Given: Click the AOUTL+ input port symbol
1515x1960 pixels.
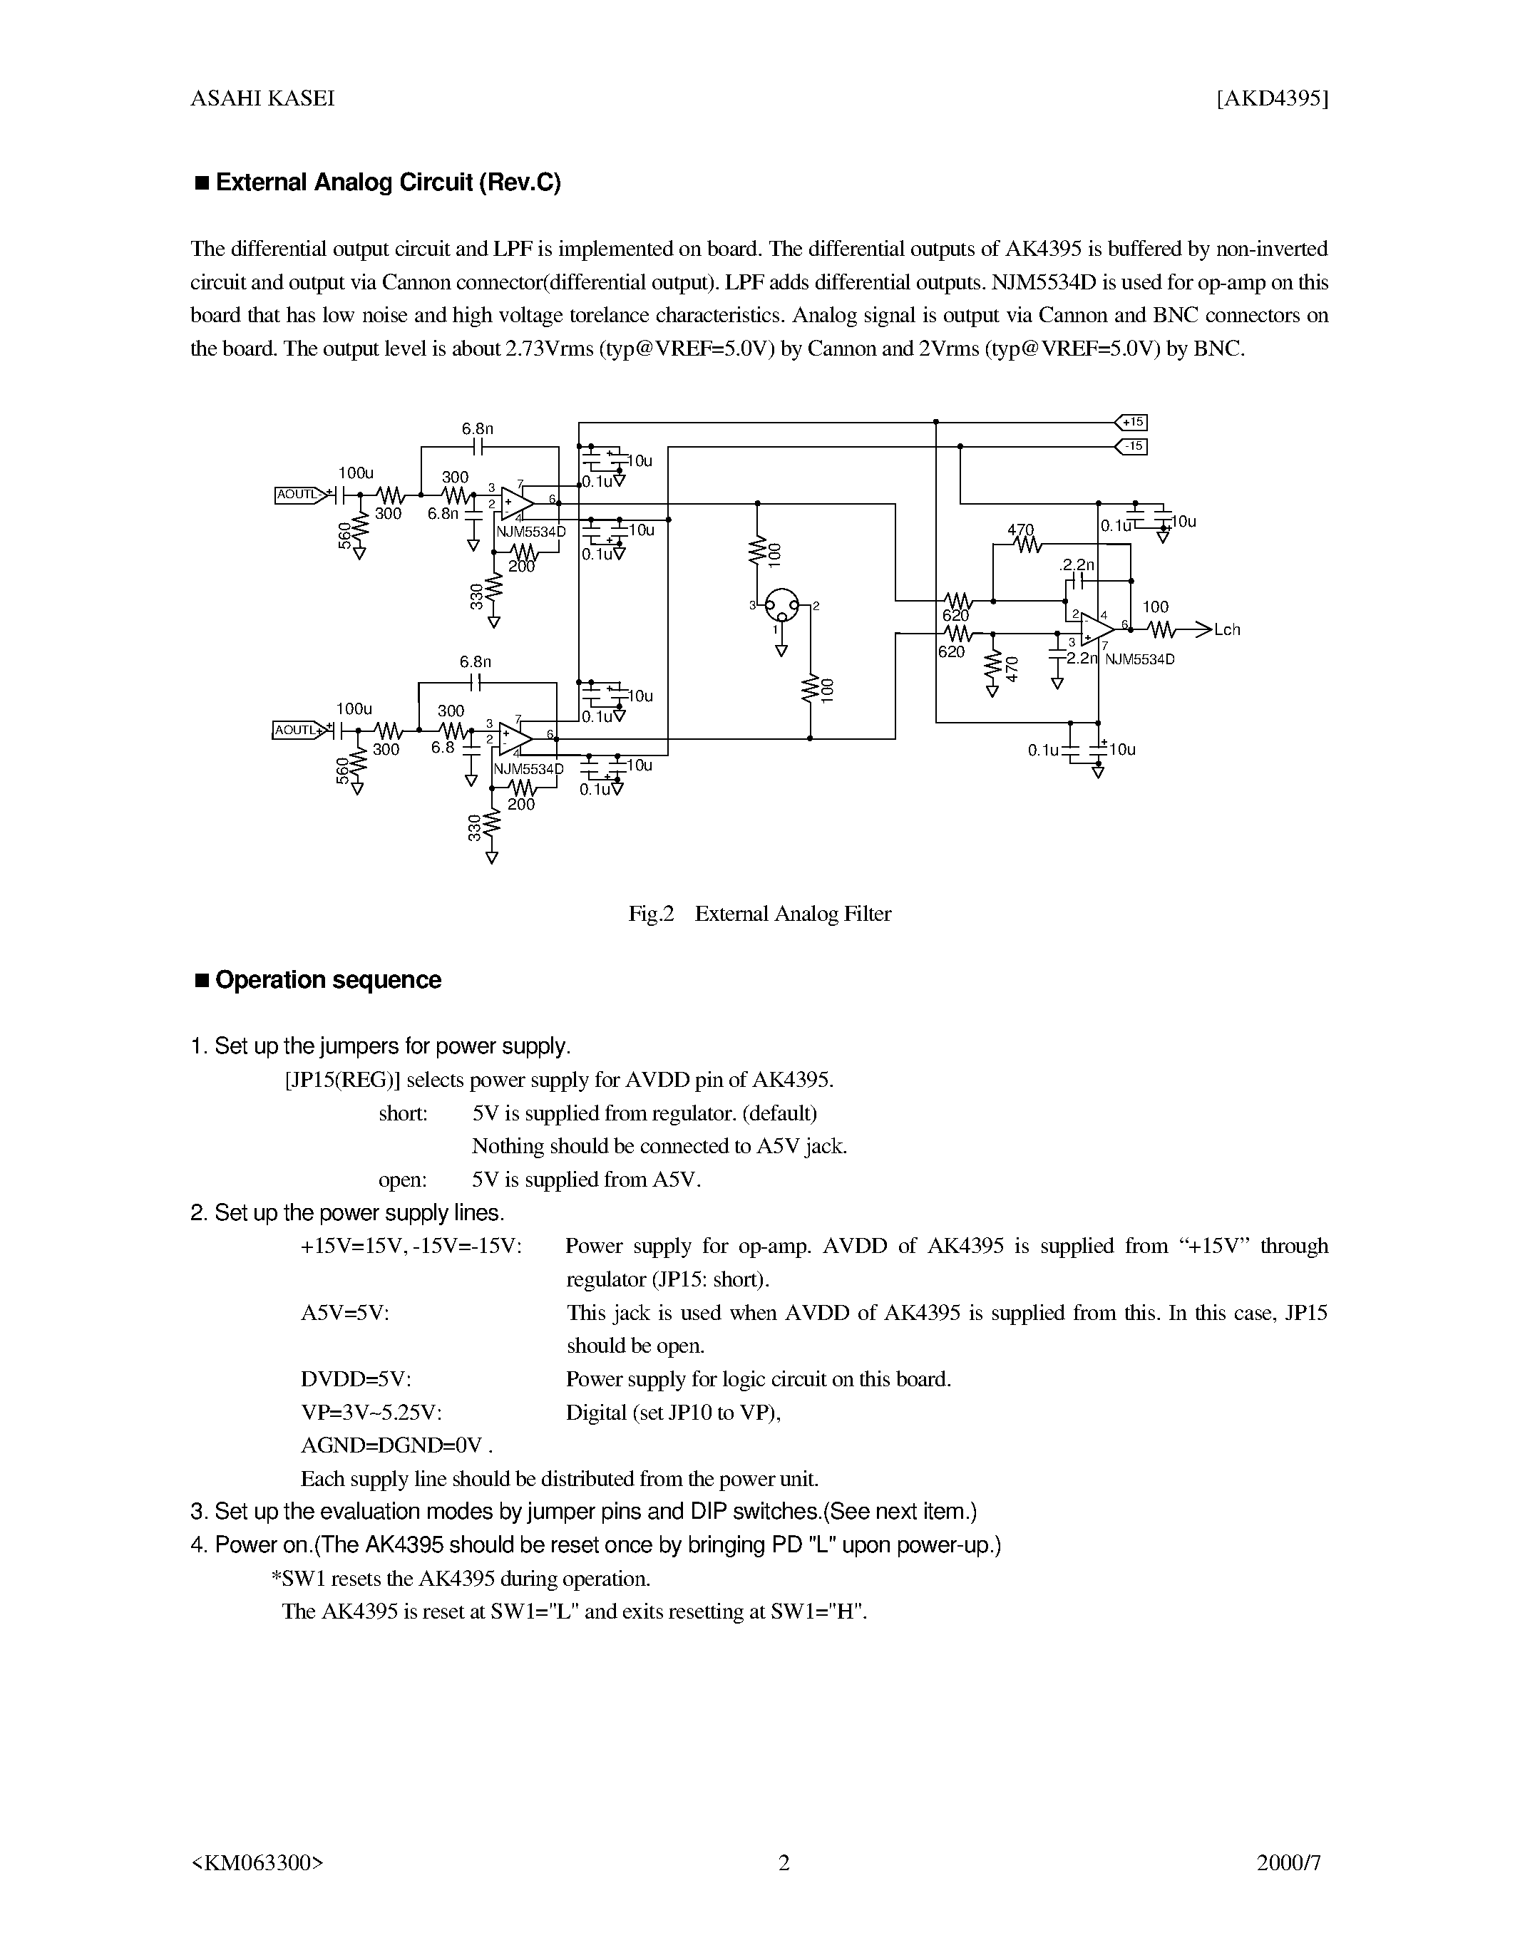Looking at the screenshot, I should [296, 731].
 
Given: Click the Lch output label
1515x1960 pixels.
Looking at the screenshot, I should [1226, 630].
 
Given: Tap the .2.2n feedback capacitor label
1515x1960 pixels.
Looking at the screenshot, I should [1077, 565].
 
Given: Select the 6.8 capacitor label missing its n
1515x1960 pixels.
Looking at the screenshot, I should [443, 747].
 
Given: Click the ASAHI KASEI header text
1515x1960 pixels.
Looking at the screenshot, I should [262, 99].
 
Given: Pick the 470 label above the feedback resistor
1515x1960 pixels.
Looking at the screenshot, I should [1020, 530].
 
